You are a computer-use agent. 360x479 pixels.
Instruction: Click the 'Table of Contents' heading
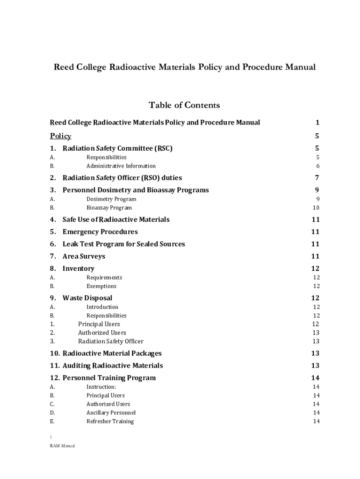point(184,105)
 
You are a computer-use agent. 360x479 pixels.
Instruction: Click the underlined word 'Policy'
point(61,137)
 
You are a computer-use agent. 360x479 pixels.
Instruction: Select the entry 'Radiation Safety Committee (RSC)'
point(117,149)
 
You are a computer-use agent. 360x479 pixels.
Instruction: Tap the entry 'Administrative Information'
point(121,166)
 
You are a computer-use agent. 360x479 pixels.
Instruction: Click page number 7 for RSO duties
point(317,178)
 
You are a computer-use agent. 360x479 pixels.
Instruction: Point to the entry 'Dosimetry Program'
point(111,199)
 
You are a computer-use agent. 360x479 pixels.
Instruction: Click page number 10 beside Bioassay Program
point(316,208)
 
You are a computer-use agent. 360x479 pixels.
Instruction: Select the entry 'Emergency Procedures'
point(100,232)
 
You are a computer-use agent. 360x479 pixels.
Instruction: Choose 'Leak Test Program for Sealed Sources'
point(123,244)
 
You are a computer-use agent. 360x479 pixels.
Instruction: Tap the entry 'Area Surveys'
point(84,256)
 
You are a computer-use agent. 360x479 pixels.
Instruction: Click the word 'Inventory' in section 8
point(78,269)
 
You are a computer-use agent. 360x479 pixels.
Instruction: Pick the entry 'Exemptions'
point(101,286)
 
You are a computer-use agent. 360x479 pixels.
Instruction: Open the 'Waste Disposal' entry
point(87,298)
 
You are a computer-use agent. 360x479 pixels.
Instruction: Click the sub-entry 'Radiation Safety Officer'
point(110,341)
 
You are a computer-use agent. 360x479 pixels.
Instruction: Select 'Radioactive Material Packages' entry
point(112,354)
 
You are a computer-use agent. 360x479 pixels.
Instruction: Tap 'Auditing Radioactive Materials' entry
point(113,366)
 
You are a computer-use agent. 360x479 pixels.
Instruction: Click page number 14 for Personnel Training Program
point(315,378)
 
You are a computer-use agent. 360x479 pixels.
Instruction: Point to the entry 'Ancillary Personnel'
point(111,413)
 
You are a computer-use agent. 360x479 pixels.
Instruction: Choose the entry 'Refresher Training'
point(110,421)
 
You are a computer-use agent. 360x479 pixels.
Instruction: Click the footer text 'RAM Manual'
point(62,446)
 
